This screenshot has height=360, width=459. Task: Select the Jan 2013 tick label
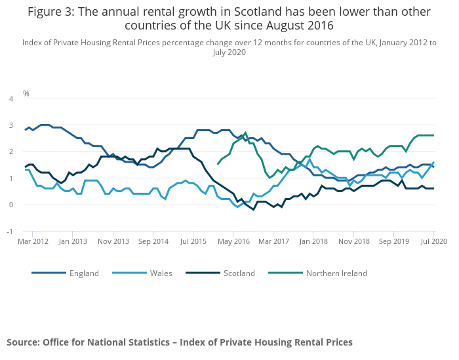73,242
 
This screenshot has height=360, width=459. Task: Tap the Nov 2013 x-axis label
113,242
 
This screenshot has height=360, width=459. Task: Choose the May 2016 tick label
233,242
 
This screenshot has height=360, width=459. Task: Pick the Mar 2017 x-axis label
273,242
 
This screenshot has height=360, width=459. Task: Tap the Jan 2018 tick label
313,242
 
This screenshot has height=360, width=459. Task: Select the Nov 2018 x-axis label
354,242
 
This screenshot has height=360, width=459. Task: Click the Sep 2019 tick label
394,242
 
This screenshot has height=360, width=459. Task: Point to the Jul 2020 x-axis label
434,242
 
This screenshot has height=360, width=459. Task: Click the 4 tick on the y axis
10,99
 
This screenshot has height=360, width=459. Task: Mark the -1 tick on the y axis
10,231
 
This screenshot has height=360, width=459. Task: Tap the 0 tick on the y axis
10,205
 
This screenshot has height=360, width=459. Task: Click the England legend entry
84,273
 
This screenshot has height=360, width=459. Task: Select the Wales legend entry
161,273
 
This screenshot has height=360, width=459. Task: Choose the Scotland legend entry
239,273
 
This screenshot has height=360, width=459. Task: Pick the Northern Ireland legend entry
336,273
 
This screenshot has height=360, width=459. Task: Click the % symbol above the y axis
26,93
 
